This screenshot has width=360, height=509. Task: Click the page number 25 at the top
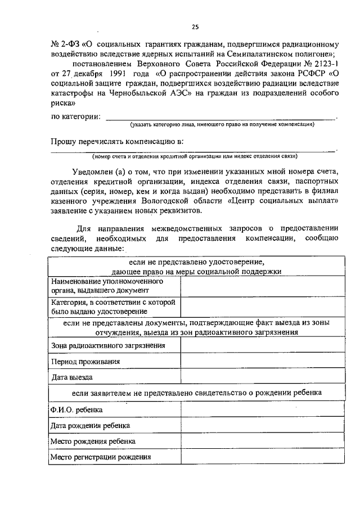coord(195,26)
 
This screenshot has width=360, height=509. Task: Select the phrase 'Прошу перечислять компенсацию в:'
coord(118,141)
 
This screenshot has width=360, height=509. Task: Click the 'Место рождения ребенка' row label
coord(92,442)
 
